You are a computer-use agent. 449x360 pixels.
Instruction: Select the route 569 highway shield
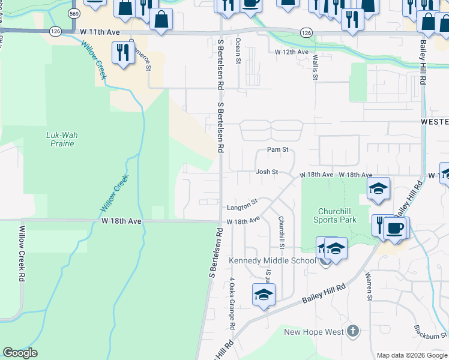coord(74,13)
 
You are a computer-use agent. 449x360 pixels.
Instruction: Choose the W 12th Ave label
coord(291,53)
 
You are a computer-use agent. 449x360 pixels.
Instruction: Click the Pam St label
coord(278,149)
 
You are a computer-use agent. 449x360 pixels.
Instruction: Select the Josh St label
coord(267,172)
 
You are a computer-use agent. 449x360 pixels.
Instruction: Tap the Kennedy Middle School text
coord(272,260)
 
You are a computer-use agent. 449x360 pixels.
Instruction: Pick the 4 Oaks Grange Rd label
coord(232,303)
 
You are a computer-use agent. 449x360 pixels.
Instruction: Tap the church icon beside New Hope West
coord(353,331)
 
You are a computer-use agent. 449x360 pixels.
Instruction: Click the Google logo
coord(20,353)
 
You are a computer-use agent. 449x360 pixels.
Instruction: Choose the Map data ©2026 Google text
coord(411,355)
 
